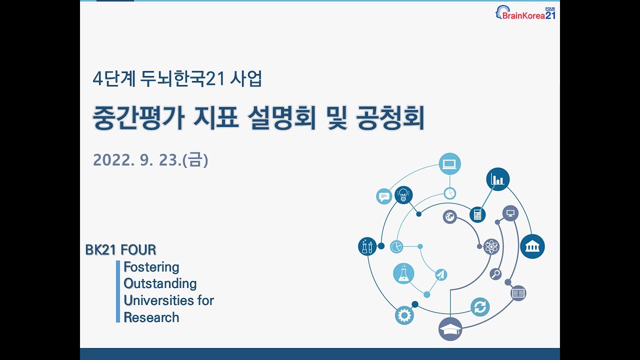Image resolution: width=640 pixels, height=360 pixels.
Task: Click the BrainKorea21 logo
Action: pyautogui.click(x=526, y=13)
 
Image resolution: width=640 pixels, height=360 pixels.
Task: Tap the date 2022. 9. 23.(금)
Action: pyautogui.click(x=150, y=160)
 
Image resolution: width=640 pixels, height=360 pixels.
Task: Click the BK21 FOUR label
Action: pyautogui.click(x=120, y=249)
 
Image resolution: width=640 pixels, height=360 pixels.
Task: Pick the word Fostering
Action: pyautogui.click(x=151, y=267)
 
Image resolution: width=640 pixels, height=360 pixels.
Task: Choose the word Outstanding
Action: pyautogui.click(x=160, y=283)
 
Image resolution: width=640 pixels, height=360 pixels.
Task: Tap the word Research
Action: pyautogui.click(x=151, y=317)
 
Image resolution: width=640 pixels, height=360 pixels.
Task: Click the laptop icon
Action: pyautogui.click(x=449, y=163)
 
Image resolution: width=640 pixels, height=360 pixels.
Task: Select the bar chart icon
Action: pyautogui.click(x=497, y=179)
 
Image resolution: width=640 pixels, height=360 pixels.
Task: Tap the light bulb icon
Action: pyautogui.click(x=403, y=195)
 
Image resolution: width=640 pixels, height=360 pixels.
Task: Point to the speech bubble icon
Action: pyautogui.click(x=384, y=196)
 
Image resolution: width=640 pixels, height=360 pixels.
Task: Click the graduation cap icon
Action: pyautogui.click(x=450, y=329)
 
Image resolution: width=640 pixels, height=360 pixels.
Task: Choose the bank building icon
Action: pyautogui.click(x=532, y=246)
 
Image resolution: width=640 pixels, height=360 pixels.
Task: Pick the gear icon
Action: pyautogui.click(x=404, y=315)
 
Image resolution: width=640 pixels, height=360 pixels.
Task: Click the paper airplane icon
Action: pyautogui.click(x=440, y=274)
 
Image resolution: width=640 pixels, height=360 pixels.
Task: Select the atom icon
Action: pyautogui.click(x=491, y=246)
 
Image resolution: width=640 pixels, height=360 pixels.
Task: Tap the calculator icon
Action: pyautogui.click(x=477, y=214)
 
